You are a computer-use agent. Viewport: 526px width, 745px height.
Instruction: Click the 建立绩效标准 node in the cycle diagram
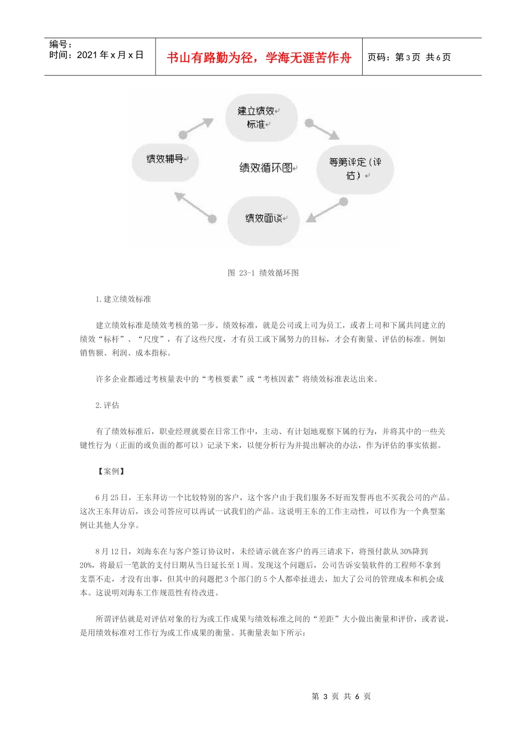click(x=260, y=117)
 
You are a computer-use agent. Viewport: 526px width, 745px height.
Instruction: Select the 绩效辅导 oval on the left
click(x=165, y=160)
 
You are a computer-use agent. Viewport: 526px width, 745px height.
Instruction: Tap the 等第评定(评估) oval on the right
click(x=354, y=169)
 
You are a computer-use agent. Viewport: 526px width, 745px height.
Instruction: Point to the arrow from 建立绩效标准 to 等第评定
click(x=322, y=129)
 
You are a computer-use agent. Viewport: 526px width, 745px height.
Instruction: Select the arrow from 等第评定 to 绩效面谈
click(x=327, y=210)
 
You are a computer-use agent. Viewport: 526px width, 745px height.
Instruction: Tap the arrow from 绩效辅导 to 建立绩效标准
click(x=197, y=127)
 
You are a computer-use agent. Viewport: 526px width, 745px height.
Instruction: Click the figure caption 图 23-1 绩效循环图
click(x=263, y=273)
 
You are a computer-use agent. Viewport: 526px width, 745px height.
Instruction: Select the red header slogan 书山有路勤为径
click(x=259, y=58)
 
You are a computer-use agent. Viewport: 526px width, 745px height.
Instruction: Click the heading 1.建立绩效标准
click(x=123, y=299)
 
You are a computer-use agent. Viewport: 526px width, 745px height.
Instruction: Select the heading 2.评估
click(x=107, y=405)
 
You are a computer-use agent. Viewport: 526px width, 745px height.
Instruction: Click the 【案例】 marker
click(x=111, y=471)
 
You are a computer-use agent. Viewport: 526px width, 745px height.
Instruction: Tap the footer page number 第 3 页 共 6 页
click(x=341, y=696)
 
